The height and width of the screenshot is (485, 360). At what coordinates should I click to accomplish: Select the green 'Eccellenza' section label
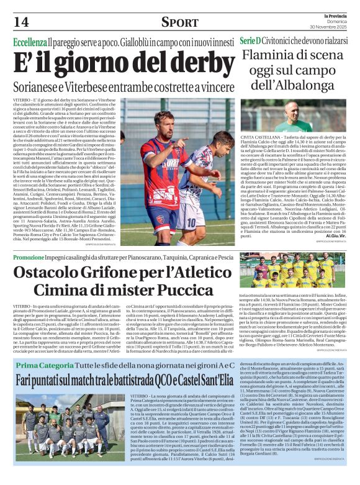[x=30, y=42]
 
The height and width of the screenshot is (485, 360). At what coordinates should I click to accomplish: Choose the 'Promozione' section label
[x=29, y=256]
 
